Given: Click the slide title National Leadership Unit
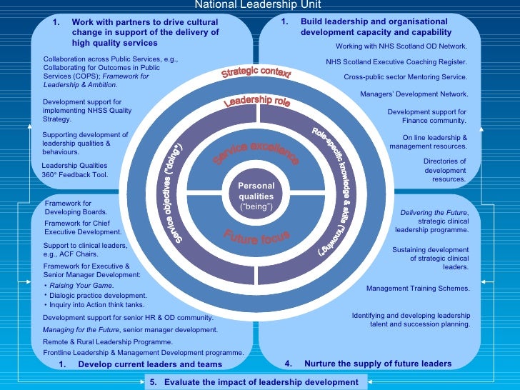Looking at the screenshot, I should (x=259, y=4).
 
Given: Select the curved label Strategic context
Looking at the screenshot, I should (x=256, y=73).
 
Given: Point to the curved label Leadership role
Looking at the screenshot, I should (x=257, y=102).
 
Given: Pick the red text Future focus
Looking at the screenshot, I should (x=256, y=237).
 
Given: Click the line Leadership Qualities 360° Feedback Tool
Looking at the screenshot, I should (x=75, y=169).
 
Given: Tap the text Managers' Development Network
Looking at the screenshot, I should (x=414, y=94).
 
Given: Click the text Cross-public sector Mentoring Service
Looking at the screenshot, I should (x=405, y=76).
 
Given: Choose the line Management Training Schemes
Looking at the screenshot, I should (x=418, y=289).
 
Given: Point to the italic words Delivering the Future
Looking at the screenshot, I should (x=434, y=213).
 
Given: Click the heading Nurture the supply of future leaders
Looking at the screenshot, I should (x=377, y=364).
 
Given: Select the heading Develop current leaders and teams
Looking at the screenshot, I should (x=150, y=364).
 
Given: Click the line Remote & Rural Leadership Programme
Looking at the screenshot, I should (x=107, y=342).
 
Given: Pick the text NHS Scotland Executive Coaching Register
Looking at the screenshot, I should (x=396, y=61).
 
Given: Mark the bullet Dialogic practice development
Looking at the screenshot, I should (x=99, y=295).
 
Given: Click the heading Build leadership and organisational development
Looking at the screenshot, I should (x=376, y=26).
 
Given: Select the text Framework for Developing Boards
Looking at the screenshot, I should (x=76, y=208).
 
